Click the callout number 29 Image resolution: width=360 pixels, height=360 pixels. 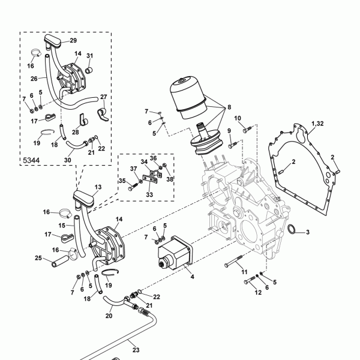[73, 40]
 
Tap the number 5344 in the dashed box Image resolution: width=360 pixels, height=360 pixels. [31, 160]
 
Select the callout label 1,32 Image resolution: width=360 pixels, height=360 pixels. [317, 124]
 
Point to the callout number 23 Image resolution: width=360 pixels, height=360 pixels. [136, 350]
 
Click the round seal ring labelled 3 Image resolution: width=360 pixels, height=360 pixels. [292, 229]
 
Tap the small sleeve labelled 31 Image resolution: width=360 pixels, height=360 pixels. [89, 70]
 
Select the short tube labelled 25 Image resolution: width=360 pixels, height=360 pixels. [60, 261]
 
